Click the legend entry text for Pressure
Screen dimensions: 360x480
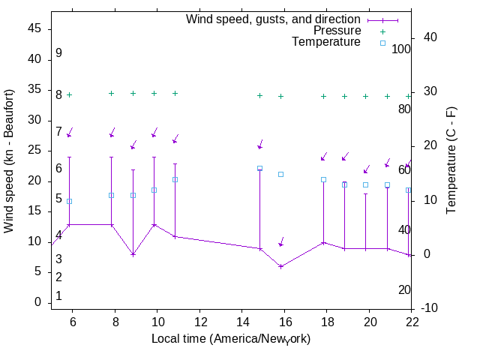click(x=337, y=31)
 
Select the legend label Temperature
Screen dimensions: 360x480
click(x=326, y=42)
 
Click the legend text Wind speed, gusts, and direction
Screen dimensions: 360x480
click(x=273, y=19)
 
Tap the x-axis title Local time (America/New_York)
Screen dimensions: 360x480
click(x=231, y=339)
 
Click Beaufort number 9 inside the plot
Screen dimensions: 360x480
click(x=58, y=53)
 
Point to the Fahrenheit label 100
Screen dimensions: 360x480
click(x=401, y=49)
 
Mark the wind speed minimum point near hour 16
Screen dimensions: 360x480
click(x=280, y=266)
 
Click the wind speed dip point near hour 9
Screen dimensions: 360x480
click(x=133, y=254)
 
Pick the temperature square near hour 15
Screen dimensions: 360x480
click(x=259, y=169)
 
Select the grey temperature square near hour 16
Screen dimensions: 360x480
click(x=280, y=174)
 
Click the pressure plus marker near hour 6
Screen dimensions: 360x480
click(x=69, y=94)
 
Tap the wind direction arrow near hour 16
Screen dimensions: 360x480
click(x=281, y=242)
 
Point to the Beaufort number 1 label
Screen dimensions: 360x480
click(x=58, y=296)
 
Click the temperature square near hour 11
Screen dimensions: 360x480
click(x=175, y=179)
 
